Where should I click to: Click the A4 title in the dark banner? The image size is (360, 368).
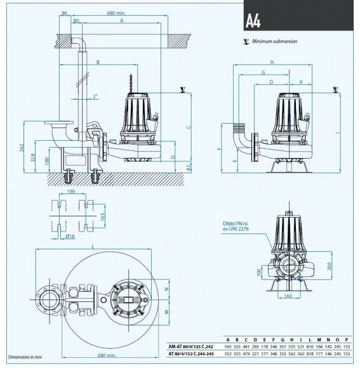click(x=254, y=17)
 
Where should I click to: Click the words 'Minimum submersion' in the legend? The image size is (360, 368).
click(x=274, y=41)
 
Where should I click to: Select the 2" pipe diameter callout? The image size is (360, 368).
click(x=95, y=96)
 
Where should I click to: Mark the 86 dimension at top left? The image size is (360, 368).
click(x=64, y=12)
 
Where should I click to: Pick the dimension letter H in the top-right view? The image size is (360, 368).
click(x=271, y=62)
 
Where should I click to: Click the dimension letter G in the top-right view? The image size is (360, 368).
click(x=262, y=72)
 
